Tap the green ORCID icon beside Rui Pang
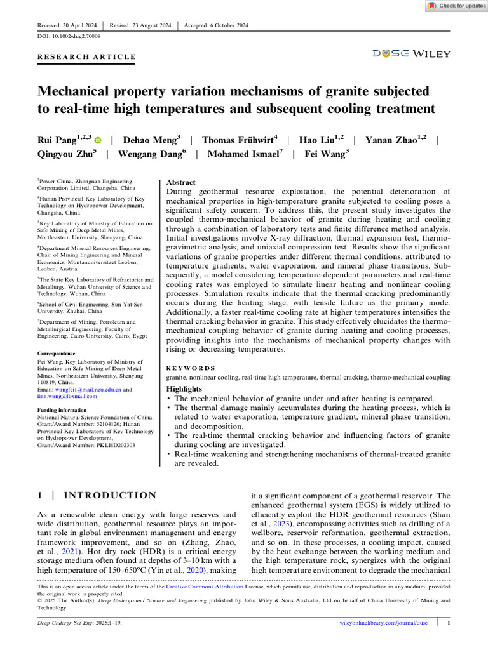(x=98, y=139)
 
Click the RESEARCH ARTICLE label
(x=86, y=57)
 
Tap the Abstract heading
(x=180, y=182)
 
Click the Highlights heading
(x=185, y=388)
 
